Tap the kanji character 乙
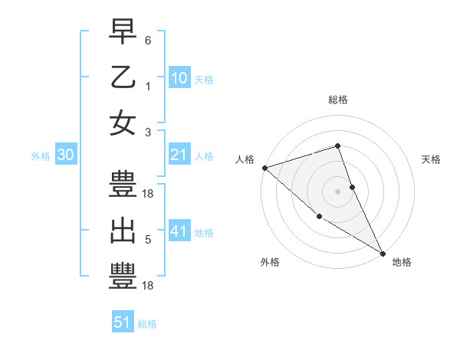[x=123, y=78]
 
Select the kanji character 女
[x=123, y=124]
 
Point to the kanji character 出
[x=123, y=231]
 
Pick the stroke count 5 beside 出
[x=147, y=240]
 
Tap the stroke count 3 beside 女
[x=147, y=133]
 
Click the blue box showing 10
[x=179, y=78]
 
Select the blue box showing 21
[x=179, y=155]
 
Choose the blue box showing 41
[x=179, y=231]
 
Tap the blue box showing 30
[x=65, y=155]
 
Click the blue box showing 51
[x=123, y=322]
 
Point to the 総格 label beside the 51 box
[x=147, y=324]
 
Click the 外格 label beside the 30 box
[x=41, y=156]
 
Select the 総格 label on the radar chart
[x=337, y=100]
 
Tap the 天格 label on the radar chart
[x=432, y=159]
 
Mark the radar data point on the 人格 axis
[x=264, y=168]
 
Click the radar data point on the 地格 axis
[x=383, y=253]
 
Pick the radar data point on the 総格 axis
[x=337, y=146]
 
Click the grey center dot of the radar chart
[x=337, y=191]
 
